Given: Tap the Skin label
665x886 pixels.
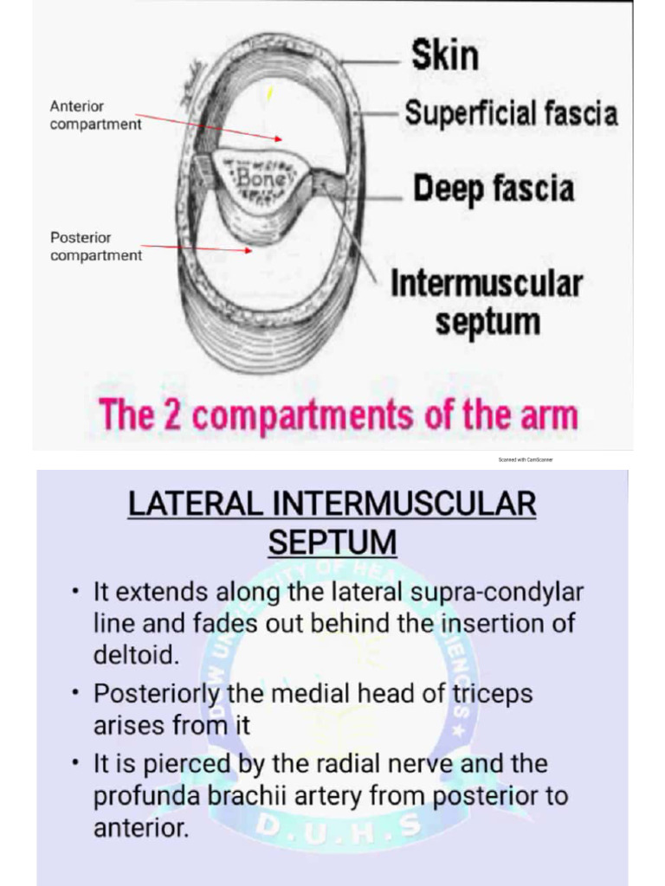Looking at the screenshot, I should tap(444, 55).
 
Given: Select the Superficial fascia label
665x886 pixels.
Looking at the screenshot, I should tap(511, 113).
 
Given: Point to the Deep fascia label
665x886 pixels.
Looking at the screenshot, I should tap(494, 189).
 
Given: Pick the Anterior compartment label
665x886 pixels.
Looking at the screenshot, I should tap(95, 115).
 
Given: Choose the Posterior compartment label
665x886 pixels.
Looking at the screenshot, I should tap(95, 246).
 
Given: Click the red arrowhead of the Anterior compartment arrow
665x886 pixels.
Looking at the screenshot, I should tap(278, 138).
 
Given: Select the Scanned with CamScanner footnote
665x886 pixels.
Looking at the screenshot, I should tap(525, 459).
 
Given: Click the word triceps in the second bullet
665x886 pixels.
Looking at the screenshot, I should tap(490, 694).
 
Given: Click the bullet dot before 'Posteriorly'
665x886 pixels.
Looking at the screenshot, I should tap(77, 694).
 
